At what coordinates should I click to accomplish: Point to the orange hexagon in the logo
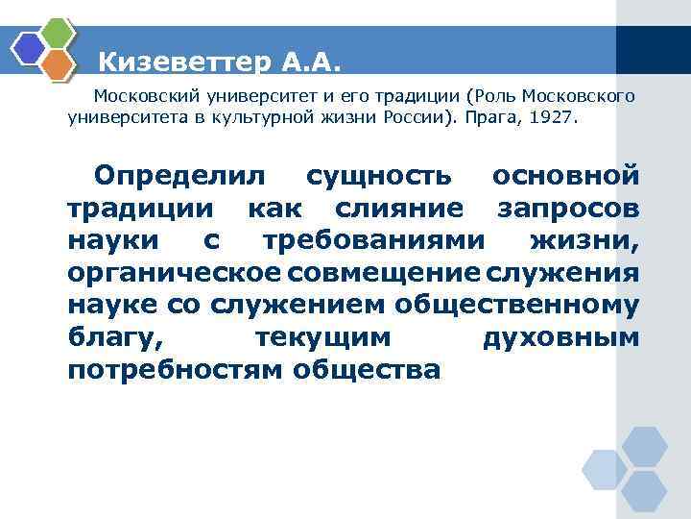pyautogui.click(x=60, y=64)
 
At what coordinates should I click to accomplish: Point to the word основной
pyautogui.click(x=565, y=177)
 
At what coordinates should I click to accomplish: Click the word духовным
pyautogui.click(x=559, y=337)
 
